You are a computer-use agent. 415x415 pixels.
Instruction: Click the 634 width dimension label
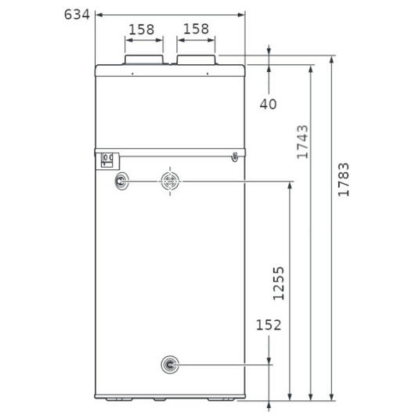(77, 14)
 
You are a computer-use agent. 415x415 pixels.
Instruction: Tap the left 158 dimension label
(141, 30)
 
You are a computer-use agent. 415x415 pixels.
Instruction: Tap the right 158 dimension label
(196, 29)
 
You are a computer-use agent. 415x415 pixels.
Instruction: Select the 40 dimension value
(268, 104)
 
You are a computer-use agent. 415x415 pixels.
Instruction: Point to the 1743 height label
(302, 142)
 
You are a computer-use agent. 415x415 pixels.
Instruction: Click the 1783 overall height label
(344, 179)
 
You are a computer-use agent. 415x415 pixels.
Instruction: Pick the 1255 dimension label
(279, 283)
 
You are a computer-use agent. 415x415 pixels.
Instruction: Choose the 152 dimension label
(269, 325)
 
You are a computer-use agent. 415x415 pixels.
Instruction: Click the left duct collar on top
(144, 60)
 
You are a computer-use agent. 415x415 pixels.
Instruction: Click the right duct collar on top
(196, 60)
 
